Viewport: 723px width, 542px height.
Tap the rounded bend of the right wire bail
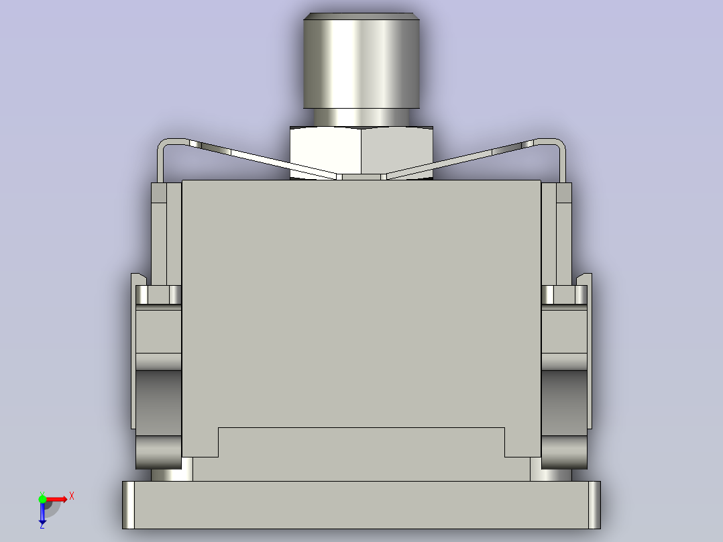point(558,145)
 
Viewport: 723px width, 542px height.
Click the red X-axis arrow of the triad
point(58,498)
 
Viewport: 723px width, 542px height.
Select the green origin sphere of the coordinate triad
point(42,498)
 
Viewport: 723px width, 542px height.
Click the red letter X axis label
point(71,496)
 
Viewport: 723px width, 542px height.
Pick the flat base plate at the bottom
point(361,504)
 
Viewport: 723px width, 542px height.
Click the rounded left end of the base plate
point(128,504)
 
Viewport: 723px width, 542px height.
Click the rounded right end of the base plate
point(594,504)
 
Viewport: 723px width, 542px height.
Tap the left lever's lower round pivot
point(158,453)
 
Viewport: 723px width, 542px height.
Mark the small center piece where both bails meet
point(361,176)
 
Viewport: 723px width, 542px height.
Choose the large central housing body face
point(361,302)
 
